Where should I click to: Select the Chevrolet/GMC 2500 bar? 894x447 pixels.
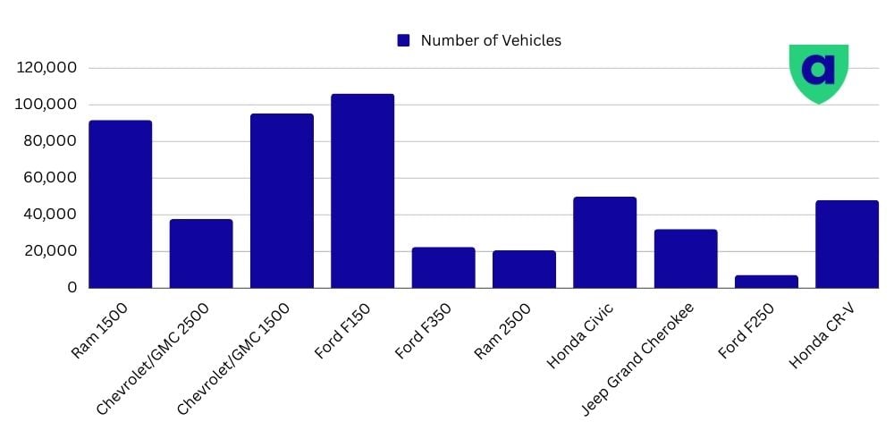(x=201, y=253)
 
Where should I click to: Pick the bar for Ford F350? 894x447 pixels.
(x=443, y=267)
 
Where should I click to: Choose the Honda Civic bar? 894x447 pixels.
(x=604, y=242)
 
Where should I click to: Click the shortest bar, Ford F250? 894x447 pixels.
(x=766, y=281)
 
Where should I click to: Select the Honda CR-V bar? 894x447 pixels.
(x=847, y=244)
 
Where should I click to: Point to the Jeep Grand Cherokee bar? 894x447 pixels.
(x=686, y=258)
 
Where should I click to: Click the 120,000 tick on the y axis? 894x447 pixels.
(x=47, y=68)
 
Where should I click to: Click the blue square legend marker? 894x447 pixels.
(x=403, y=40)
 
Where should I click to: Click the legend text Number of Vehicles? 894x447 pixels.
(x=491, y=40)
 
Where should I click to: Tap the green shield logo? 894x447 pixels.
(x=818, y=72)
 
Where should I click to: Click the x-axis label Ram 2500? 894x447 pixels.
(x=503, y=331)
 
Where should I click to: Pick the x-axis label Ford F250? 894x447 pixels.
(x=746, y=331)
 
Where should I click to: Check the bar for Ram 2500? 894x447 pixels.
(x=524, y=269)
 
